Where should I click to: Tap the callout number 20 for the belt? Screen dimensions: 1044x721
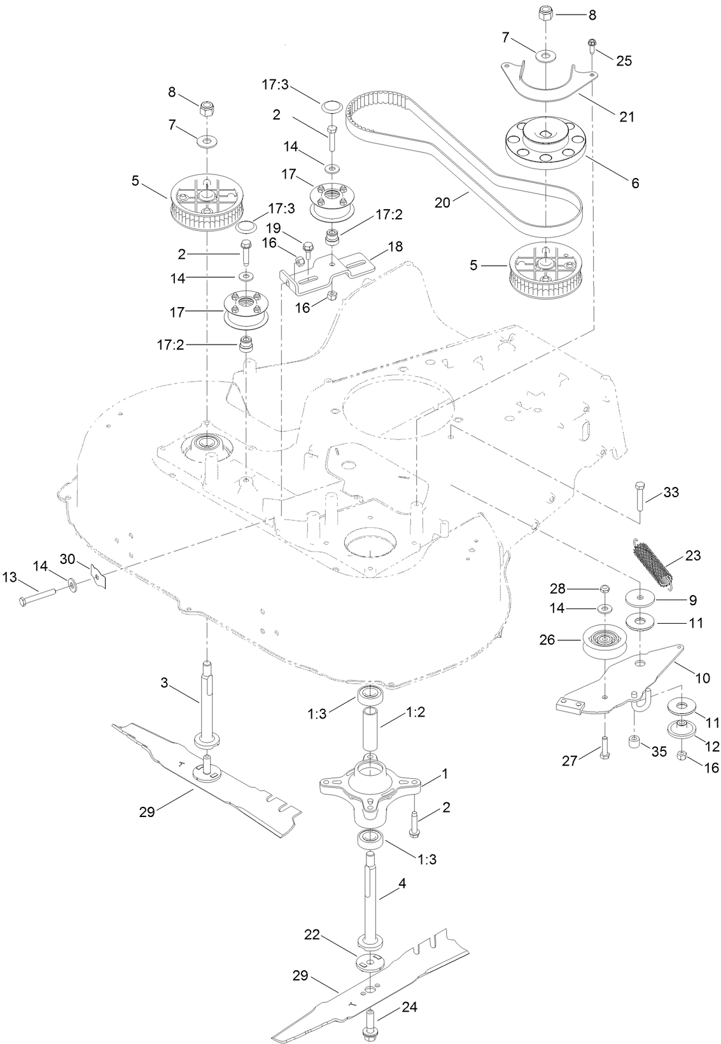tap(442, 202)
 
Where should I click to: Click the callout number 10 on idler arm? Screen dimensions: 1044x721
tap(702, 678)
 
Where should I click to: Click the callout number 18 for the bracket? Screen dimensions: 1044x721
tap(395, 246)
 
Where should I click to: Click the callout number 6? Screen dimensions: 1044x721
tap(634, 183)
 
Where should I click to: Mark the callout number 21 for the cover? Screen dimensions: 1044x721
tap(627, 116)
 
